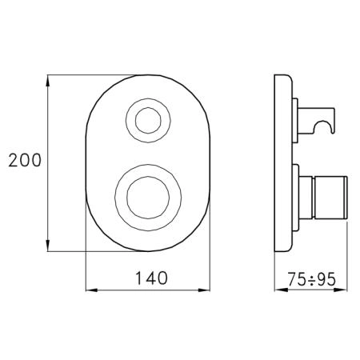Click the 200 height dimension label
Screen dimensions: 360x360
25,160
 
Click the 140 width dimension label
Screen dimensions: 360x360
151,278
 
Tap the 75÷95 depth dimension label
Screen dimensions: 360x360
311,280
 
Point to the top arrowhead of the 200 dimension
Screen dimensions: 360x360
48,81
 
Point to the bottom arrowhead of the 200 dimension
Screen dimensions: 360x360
48,246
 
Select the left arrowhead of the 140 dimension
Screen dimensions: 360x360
91,290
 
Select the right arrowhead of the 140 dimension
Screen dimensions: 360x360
204,290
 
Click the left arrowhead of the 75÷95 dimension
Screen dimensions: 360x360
281,290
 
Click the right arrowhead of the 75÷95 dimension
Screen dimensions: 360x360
341,290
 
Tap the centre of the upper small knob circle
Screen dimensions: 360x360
148,121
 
